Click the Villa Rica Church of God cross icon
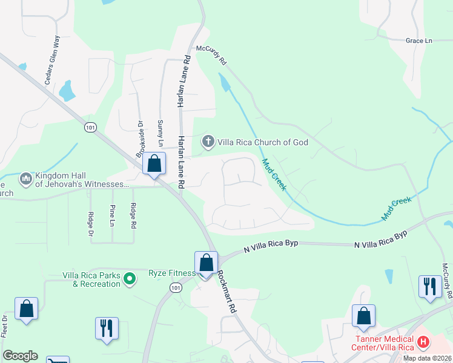pos(208,142)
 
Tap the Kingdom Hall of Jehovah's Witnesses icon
pos(25,179)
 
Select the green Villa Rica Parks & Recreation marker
pos(129,279)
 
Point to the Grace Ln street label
pos(419,41)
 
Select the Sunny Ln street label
pos(160,132)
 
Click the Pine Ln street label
pos(113,215)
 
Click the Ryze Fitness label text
pos(172,273)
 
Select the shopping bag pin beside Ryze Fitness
pos(206,263)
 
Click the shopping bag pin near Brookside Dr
pos(154,163)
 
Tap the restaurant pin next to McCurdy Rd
pos(430,286)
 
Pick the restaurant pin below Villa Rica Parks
pos(107,328)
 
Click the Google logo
pos(20,356)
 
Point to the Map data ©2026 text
pos(426,358)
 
